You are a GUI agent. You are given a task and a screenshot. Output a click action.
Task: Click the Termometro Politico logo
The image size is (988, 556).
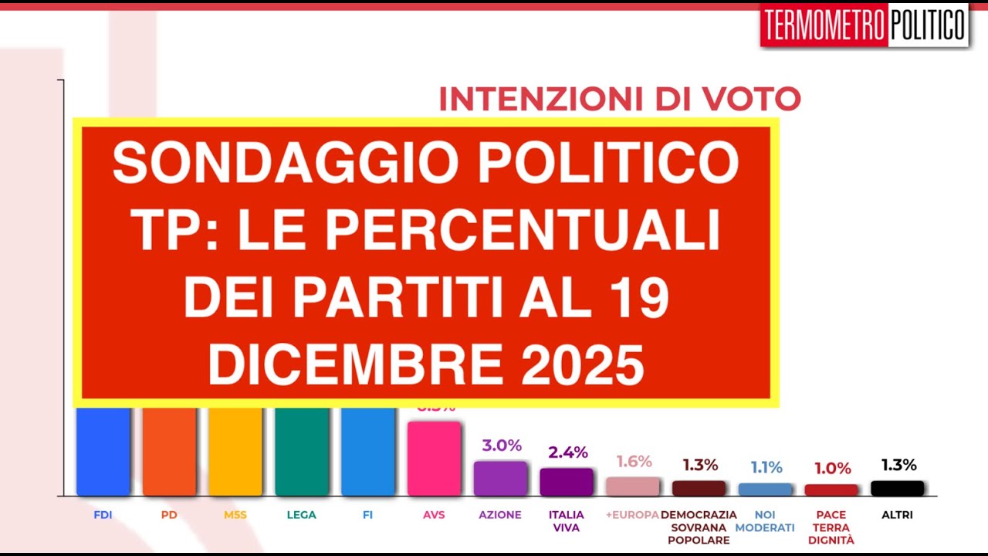coord(864,25)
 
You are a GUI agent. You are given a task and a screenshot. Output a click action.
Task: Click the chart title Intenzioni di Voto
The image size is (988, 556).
coord(619,100)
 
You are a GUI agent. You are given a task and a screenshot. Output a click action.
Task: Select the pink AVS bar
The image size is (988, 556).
coord(434,458)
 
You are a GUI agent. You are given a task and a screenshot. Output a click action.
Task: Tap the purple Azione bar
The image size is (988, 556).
coord(500,478)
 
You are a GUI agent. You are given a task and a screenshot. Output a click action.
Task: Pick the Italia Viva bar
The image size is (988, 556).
coord(567,481)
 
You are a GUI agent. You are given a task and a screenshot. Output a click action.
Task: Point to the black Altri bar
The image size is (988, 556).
coord(898,488)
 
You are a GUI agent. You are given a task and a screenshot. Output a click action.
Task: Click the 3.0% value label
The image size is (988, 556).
coord(502,446)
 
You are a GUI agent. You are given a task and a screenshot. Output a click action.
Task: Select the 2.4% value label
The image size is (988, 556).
coord(568,453)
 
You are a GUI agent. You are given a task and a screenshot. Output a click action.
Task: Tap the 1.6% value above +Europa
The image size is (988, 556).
coord(634,462)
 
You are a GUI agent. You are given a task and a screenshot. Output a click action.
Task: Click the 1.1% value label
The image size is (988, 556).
coord(766,467)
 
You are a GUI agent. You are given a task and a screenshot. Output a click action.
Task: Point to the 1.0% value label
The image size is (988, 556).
coord(833,468)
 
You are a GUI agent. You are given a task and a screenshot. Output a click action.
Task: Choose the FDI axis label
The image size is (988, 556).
coord(103,515)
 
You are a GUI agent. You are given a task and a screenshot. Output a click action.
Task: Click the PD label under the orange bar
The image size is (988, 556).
coord(169,515)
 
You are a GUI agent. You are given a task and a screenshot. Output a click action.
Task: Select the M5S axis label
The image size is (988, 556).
coord(235,515)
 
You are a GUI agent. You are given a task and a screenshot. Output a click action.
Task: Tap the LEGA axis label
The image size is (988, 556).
coord(301,515)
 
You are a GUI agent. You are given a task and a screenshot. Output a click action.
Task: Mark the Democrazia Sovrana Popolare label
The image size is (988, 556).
coord(699,527)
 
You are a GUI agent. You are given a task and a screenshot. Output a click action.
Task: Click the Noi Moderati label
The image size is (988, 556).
coord(765,521)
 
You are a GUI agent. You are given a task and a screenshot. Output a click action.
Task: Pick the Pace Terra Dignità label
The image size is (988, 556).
coord(831,527)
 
